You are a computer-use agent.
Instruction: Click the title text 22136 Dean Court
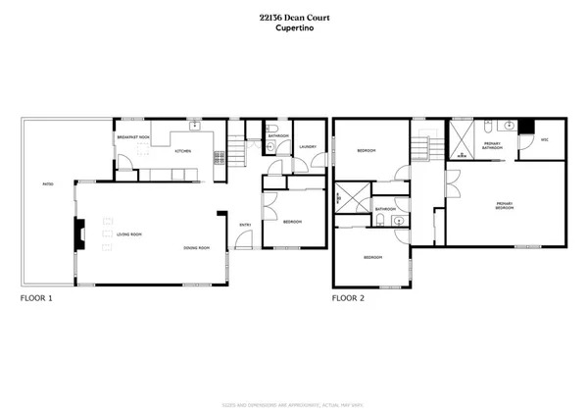pyautogui.click(x=293, y=17)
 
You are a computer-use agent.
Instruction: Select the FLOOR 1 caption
pyautogui.click(x=40, y=297)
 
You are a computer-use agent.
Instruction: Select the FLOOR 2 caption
pyautogui.click(x=351, y=297)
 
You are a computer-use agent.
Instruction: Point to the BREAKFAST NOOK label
pyautogui.click(x=132, y=137)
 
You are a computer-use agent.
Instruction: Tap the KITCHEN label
pyautogui.click(x=183, y=151)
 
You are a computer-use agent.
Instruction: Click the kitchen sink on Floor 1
pyautogui.click(x=195, y=127)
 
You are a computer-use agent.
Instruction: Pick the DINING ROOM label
pyautogui.click(x=197, y=247)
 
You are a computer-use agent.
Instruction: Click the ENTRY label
pyautogui.click(x=246, y=226)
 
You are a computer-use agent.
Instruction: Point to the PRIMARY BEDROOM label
pyautogui.click(x=506, y=207)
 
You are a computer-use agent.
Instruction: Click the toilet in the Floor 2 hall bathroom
pyautogui.click(x=399, y=222)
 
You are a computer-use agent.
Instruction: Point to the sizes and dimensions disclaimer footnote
pyautogui.click(x=293, y=378)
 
